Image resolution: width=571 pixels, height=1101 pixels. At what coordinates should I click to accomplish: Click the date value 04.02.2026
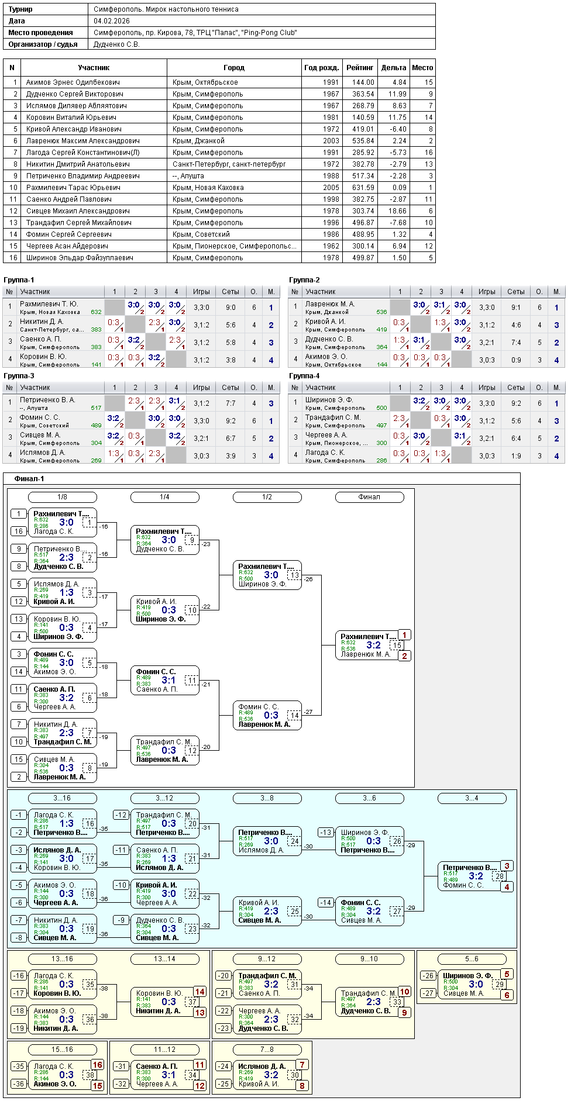pyautogui.click(x=112, y=21)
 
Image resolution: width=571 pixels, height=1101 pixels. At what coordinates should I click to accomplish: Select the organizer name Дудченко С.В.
pyautogui.click(x=116, y=44)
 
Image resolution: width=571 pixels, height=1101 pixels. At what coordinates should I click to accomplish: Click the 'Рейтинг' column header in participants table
pyautogui.click(x=360, y=68)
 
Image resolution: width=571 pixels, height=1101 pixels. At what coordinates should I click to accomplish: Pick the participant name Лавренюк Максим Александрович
pyautogui.click(x=82, y=141)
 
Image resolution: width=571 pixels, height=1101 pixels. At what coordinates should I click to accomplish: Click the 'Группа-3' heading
pyautogui.click(x=19, y=376)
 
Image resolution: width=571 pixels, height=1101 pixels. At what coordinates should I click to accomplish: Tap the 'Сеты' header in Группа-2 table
pyautogui.click(x=515, y=292)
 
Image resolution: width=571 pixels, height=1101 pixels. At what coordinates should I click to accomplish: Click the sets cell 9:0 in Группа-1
pyautogui.click(x=231, y=308)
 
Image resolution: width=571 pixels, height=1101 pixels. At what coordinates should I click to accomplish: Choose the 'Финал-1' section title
pyautogui.click(x=29, y=479)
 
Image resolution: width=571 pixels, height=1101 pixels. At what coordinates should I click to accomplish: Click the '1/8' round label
pyautogui.click(x=62, y=497)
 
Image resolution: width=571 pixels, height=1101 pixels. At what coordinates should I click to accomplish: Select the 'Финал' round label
pyautogui.click(x=369, y=497)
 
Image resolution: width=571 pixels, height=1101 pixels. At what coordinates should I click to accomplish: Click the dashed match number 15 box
pyautogui.click(x=397, y=646)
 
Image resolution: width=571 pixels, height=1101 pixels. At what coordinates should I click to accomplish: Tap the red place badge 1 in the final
pyautogui.click(x=404, y=635)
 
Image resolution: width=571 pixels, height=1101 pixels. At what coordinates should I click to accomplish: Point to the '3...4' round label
pyautogui.click(x=472, y=798)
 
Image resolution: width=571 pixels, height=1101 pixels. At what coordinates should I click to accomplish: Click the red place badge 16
pyautogui.click(x=97, y=1065)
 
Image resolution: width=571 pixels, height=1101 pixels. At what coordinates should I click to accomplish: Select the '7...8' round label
pyautogui.click(x=267, y=1050)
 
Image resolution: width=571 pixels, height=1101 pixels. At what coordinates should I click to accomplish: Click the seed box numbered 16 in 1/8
pyautogui.click(x=19, y=531)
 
